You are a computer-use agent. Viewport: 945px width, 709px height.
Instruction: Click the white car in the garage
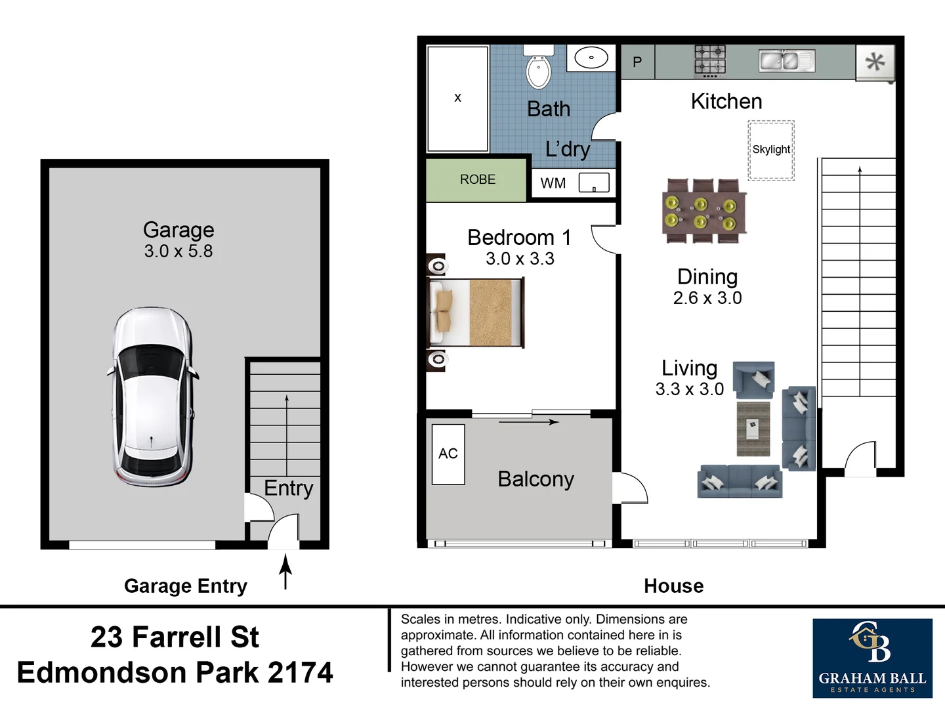point(153,397)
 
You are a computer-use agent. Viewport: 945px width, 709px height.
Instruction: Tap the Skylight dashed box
point(771,150)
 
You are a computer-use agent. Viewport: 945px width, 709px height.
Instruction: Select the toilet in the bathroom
point(539,68)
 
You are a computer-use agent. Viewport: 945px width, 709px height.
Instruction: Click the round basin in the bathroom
point(591,58)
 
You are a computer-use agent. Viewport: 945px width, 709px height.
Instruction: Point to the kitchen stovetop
point(710,60)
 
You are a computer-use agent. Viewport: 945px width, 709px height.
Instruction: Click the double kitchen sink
point(786,61)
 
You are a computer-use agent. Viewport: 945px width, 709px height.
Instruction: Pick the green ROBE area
point(477,180)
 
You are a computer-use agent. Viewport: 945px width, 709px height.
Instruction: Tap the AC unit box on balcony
point(448,454)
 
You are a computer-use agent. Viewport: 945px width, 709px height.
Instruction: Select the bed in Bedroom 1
point(476,312)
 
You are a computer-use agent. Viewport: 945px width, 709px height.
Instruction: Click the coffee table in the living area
point(753,429)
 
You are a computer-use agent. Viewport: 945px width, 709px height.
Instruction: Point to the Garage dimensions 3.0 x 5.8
point(178,251)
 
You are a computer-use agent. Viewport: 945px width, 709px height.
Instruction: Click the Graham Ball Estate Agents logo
point(872,658)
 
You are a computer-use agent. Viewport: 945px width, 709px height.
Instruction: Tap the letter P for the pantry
point(637,62)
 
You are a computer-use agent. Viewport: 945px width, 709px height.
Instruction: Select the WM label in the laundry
point(553,184)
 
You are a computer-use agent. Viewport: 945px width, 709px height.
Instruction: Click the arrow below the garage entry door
point(285,571)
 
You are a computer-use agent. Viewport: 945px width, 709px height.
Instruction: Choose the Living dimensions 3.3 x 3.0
point(689,389)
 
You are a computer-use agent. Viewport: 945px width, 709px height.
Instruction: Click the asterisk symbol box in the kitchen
point(875,62)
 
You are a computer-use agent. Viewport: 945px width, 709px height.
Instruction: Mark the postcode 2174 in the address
point(300,672)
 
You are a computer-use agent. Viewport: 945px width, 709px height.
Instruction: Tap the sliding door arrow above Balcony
point(528,422)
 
